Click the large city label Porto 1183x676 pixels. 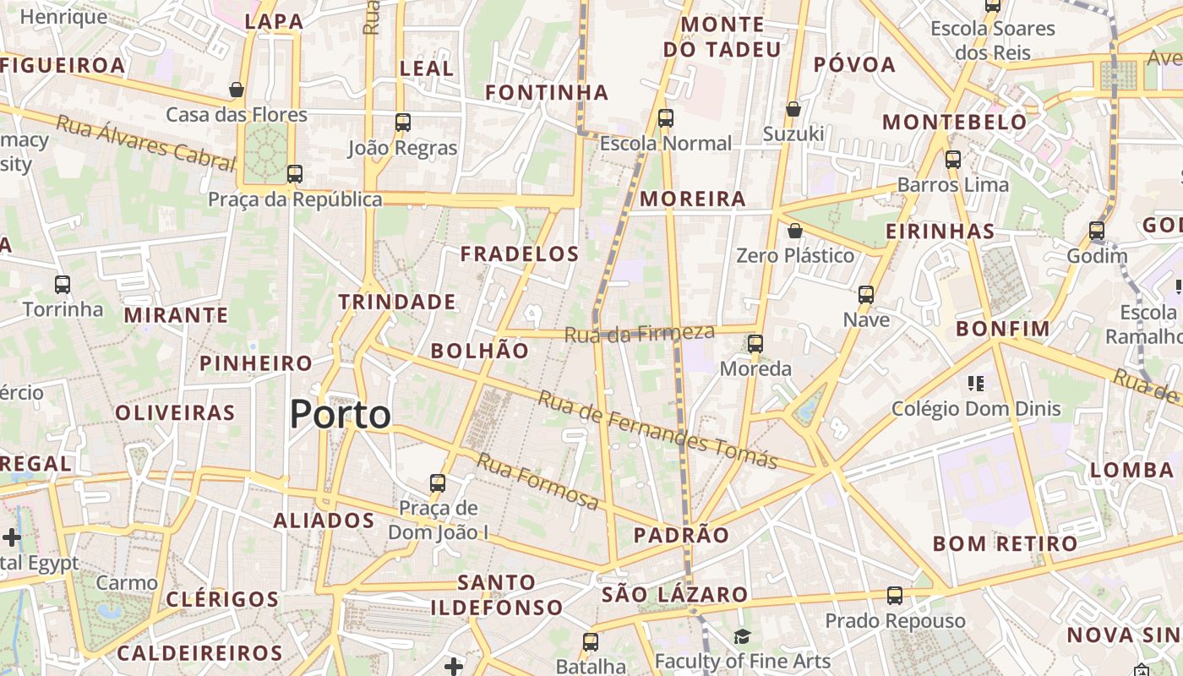pos(341,415)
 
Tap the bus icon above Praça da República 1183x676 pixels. pos(294,174)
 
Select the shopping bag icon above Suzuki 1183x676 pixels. pos(793,109)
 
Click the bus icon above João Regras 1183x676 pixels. pos(402,123)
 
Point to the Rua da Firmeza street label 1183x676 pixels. pos(639,334)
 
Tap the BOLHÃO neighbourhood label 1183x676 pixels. pos(480,351)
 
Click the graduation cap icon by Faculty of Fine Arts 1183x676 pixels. pos(742,636)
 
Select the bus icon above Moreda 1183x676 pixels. pos(755,344)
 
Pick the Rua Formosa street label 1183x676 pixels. pos(537,481)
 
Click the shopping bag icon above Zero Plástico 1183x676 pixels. pos(794,231)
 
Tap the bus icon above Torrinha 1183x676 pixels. pos(63,285)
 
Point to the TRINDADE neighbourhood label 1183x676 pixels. pos(397,302)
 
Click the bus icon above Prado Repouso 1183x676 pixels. pos(895,596)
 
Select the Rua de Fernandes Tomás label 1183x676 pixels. pos(657,429)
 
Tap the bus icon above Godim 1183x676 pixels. pos(1096,231)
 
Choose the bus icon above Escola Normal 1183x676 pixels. pos(666,118)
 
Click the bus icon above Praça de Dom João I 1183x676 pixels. pos(437,483)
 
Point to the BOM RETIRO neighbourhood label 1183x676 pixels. pos(1005,543)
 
